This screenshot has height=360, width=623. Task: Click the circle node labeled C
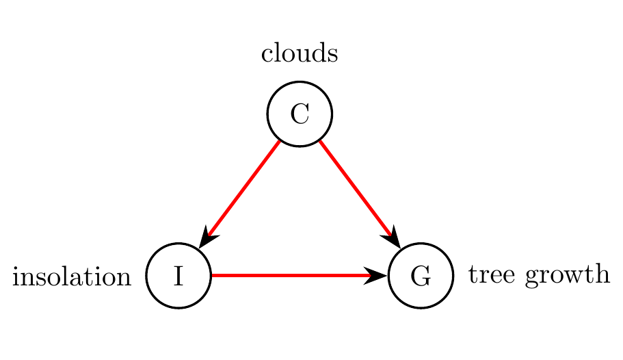(x=300, y=114)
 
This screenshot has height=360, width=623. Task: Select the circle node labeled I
(x=179, y=276)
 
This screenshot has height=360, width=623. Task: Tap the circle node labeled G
(x=421, y=276)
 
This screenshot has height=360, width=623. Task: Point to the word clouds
(x=300, y=54)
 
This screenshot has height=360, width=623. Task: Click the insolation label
(x=72, y=277)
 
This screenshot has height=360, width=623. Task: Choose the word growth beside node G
(x=562, y=277)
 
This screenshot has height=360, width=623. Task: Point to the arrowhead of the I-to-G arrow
(x=377, y=276)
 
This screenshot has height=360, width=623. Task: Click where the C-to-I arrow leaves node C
(x=279, y=142)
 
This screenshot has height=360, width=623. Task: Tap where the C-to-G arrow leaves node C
(x=320, y=142)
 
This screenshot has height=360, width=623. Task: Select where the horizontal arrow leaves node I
(x=213, y=276)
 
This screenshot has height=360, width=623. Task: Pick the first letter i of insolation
(x=16, y=277)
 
